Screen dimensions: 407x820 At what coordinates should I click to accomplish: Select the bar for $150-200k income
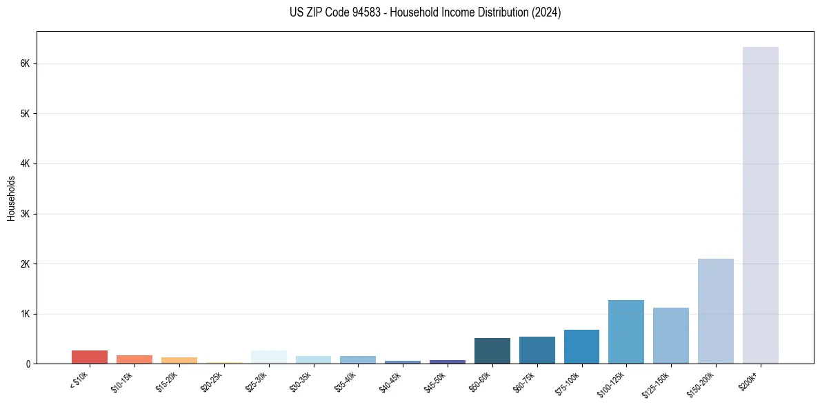click(715, 311)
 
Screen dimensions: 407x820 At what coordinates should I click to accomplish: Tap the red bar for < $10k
click(90, 357)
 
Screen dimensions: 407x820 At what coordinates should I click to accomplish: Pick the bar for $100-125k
click(626, 332)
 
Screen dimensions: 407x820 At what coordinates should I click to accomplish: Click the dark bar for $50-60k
click(492, 351)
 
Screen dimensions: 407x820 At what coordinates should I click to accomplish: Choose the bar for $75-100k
click(581, 347)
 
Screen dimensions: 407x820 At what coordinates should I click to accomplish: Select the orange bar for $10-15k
click(134, 359)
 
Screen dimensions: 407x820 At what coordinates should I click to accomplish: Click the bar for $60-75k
click(537, 350)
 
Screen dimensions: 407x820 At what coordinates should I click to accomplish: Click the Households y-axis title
click(11, 198)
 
